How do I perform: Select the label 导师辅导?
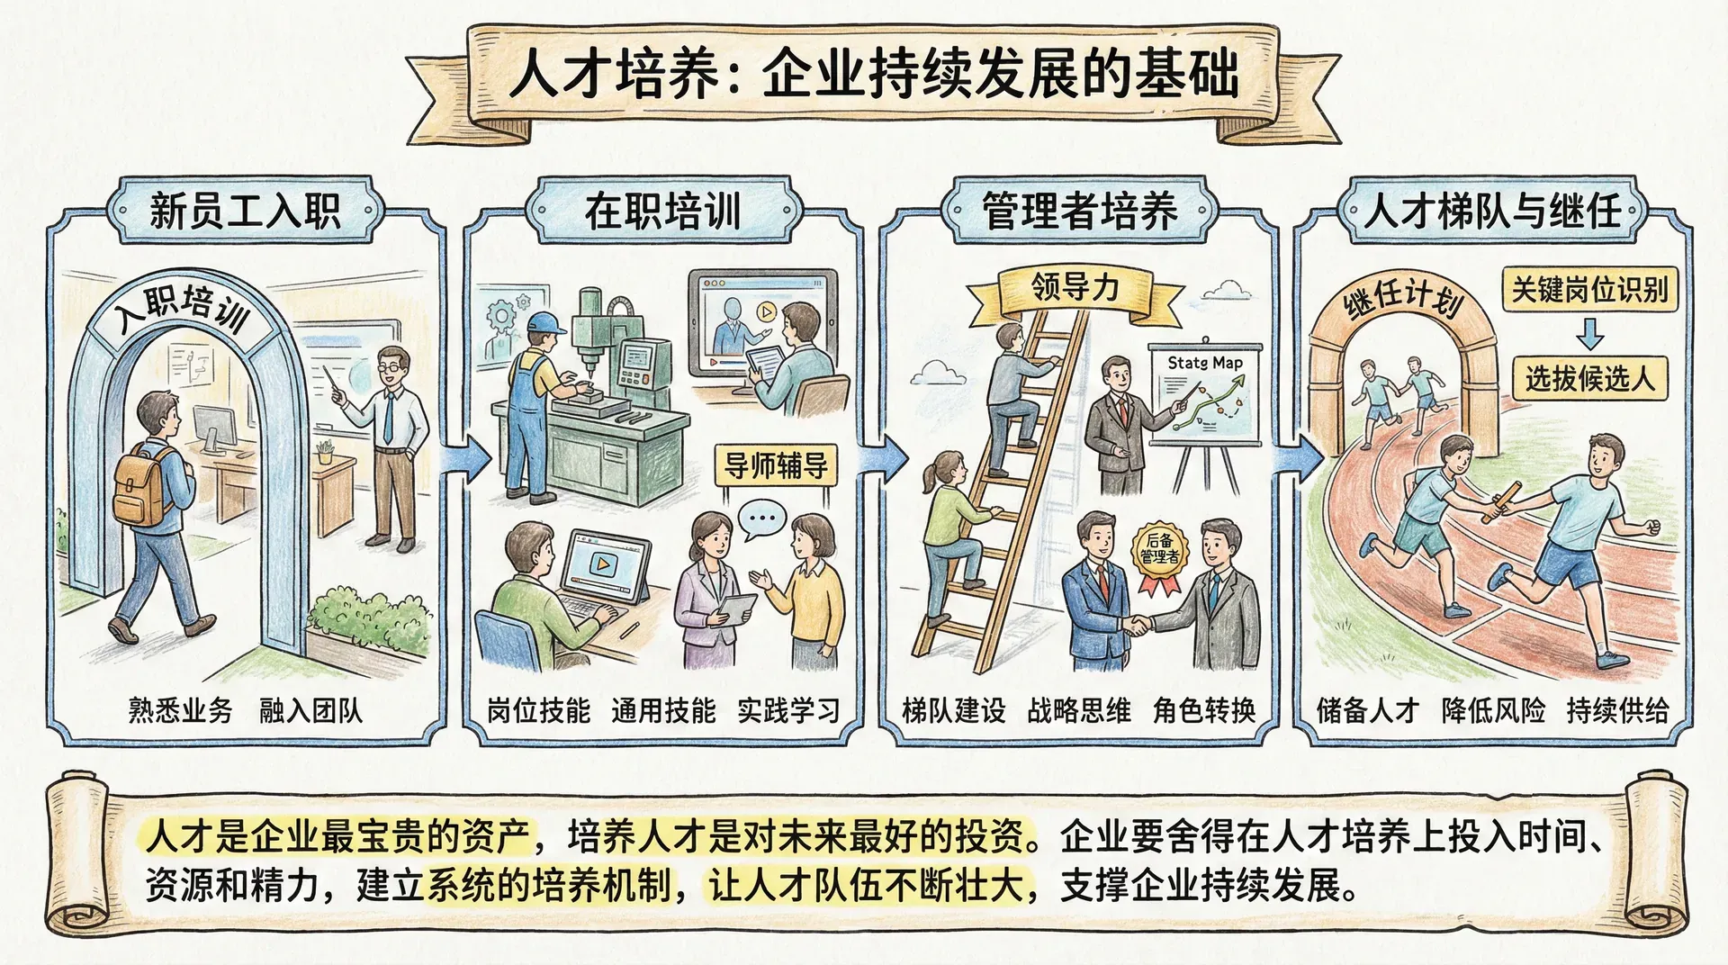[776, 466]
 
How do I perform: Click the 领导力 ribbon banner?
[1075, 290]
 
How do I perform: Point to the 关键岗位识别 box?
[1589, 290]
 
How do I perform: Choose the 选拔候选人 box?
[1589, 378]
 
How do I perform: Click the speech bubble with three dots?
[761, 519]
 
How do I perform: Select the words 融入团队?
[310, 711]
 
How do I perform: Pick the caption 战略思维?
[1078, 711]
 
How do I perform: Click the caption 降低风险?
[1492, 711]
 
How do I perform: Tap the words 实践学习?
[788, 711]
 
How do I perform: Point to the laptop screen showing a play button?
[605, 565]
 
